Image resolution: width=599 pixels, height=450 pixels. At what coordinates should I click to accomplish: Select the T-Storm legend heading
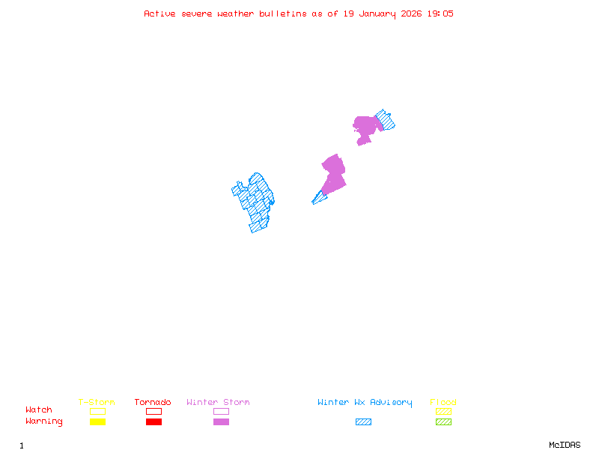click(x=97, y=403)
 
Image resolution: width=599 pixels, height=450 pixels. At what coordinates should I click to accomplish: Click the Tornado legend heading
click(x=153, y=403)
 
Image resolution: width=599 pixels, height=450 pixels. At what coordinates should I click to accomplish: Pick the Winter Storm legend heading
click(x=218, y=403)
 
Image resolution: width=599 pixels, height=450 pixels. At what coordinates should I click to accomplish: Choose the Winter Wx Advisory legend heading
click(x=365, y=403)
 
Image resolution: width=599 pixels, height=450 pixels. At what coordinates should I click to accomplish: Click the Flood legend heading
click(x=443, y=403)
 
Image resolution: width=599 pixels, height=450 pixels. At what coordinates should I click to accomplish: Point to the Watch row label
click(x=39, y=410)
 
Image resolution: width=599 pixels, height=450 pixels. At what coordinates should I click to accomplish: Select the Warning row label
click(x=44, y=421)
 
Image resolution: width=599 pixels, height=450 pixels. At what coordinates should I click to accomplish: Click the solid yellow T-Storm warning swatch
click(x=97, y=422)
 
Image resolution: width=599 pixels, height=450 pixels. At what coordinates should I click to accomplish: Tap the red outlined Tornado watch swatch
click(x=153, y=411)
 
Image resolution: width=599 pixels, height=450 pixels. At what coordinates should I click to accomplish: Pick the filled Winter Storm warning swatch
click(x=221, y=422)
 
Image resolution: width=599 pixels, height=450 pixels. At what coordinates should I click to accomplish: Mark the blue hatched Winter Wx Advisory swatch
click(x=363, y=422)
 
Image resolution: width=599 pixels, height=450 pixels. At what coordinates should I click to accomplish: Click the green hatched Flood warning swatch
click(x=443, y=422)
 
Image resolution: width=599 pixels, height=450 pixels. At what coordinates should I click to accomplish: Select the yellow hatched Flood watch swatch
click(x=443, y=411)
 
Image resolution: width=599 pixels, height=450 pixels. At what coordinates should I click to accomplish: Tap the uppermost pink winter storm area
click(x=366, y=126)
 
